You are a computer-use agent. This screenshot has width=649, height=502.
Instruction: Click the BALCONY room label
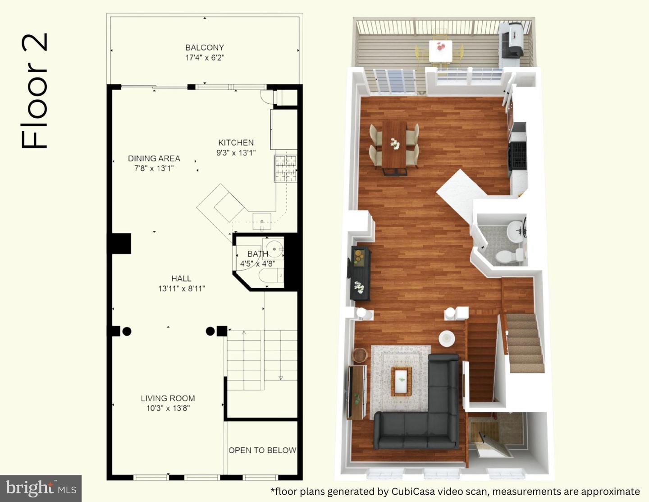[x=205, y=47]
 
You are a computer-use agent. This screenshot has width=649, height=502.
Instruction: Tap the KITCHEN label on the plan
[x=236, y=143]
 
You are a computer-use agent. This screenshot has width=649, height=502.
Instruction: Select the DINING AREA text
[x=154, y=158]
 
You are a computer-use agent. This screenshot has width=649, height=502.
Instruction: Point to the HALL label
[x=181, y=278]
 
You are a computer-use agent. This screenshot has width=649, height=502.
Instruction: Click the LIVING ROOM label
[x=168, y=398]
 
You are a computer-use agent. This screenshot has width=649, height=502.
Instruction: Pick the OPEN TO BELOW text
[x=262, y=450]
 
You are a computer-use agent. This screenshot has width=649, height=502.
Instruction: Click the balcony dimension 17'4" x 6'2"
[x=205, y=58]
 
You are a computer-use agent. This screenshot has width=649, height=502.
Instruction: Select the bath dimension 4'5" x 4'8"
[x=257, y=264]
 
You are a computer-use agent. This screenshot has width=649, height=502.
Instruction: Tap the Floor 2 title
[x=34, y=91]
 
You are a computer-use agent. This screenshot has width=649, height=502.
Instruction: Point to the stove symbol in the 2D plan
[x=286, y=169]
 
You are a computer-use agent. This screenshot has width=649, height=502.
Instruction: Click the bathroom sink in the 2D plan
[x=274, y=249]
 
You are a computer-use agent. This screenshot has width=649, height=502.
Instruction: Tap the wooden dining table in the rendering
[x=394, y=144]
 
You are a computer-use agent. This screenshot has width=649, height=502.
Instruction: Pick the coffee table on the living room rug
[x=401, y=381]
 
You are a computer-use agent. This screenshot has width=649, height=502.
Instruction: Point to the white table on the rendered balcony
[x=440, y=51]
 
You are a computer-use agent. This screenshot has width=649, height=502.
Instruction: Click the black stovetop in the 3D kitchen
[x=518, y=155]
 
